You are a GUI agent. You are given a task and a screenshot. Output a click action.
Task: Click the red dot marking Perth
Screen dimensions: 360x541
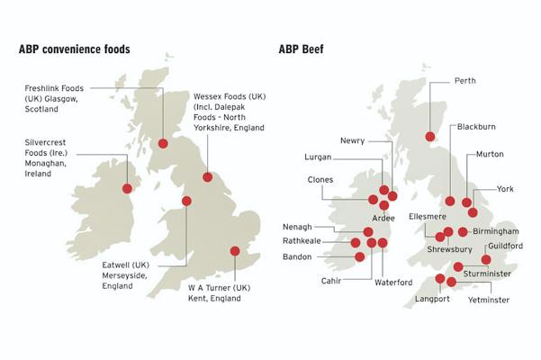click(429, 137)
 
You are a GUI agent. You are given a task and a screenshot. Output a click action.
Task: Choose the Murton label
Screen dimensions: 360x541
click(490, 155)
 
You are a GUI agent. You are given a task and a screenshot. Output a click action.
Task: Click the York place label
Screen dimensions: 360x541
click(505, 189)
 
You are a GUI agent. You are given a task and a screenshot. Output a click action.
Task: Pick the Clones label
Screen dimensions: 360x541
click(320, 180)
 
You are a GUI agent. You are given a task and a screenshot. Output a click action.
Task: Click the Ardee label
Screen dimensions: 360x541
click(384, 219)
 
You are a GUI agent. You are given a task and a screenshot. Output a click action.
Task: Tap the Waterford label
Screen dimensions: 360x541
click(393, 282)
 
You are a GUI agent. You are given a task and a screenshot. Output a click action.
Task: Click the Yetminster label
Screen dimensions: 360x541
click(489, 300)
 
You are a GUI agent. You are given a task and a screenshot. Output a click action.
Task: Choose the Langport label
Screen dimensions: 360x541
click(431, 300)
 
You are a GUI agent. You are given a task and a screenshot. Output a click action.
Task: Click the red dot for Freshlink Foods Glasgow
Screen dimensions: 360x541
click(163, 143)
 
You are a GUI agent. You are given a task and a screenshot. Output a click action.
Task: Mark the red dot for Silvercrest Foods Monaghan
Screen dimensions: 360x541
click(127, 188)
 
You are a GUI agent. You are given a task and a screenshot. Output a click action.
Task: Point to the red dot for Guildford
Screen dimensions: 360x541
click(486, 260)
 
